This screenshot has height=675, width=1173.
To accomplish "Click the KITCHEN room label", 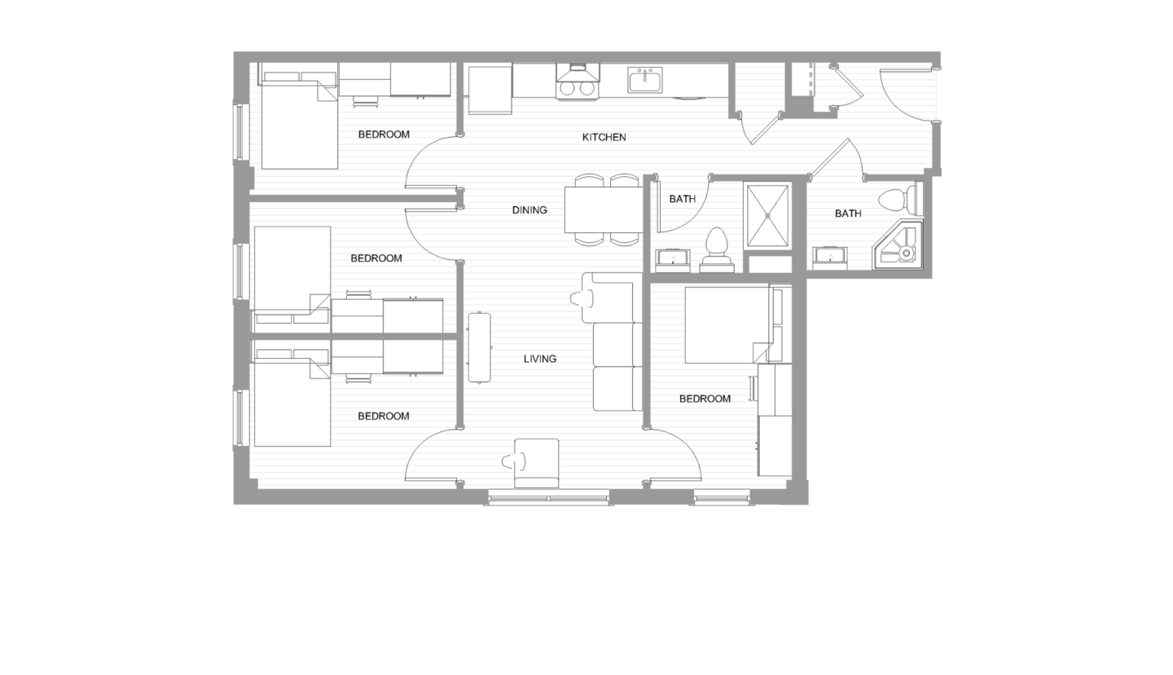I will (604, 137).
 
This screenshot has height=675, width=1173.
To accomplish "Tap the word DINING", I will (529, 210).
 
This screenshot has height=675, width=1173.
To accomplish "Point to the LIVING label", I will (539, 359).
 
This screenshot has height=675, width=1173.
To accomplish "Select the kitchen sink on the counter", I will (645, 81).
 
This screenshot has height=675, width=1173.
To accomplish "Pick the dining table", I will (604, 210).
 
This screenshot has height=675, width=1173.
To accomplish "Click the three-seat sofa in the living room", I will (617, 342).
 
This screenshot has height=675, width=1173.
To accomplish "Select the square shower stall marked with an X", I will (767, 215).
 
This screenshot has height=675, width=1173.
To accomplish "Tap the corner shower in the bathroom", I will (899, 245).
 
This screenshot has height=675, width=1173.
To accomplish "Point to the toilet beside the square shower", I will (716, 249).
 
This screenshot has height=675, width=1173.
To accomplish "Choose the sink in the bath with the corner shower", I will (830, 258).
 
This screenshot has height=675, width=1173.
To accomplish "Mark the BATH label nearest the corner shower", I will (847, 214).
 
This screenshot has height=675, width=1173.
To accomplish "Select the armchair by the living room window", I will (535, 462).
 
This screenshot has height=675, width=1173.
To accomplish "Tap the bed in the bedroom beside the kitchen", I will (299, 122).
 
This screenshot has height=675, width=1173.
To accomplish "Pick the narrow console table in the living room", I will (480, 347).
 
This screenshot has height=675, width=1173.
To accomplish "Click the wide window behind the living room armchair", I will (548, 497).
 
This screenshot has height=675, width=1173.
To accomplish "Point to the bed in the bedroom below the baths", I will (727, 324).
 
